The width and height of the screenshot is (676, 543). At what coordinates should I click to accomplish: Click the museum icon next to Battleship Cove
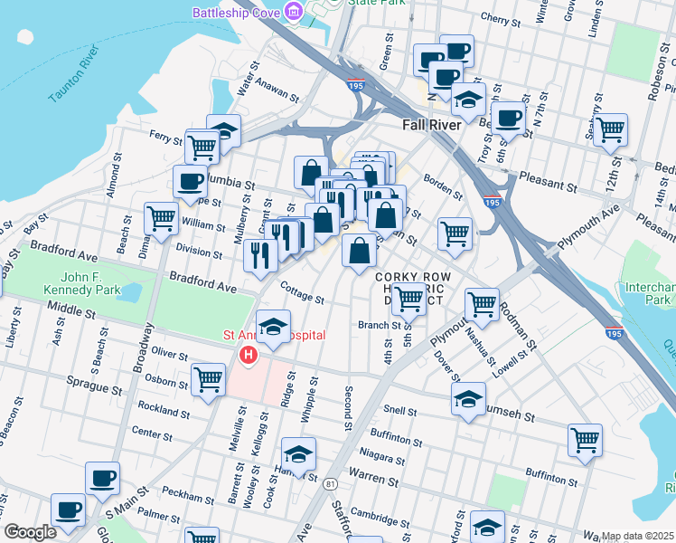[x=294, y=12]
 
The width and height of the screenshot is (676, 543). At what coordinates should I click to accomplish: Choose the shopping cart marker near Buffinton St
[x=585, y=441]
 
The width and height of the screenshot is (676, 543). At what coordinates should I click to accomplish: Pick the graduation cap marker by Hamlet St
[x=298, y=452]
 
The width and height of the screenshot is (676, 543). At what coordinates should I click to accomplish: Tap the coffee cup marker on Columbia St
[x=190, y=181]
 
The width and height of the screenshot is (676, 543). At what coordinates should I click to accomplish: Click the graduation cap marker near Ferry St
[x=223, y=130]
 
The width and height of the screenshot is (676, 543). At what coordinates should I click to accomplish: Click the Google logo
[x=30, y=532]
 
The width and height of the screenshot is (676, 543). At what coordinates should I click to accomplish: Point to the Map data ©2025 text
[x=637, y=536]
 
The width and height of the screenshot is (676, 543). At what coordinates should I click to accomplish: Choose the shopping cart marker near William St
[x=161, y=217]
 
